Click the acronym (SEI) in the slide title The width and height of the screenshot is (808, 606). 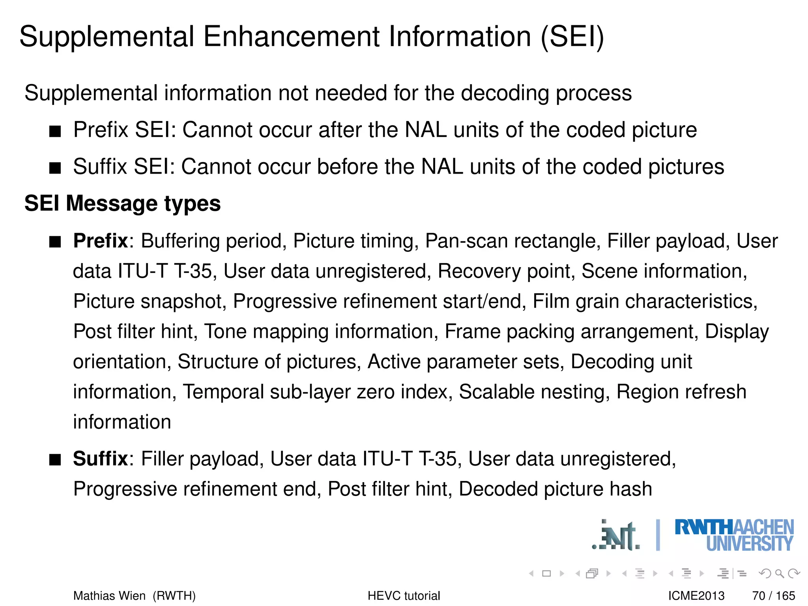[572, 37]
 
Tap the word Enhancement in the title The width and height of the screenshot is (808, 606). [292, 37]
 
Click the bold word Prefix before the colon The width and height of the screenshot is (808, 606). [101, 241]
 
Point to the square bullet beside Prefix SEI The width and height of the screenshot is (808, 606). [55, 131]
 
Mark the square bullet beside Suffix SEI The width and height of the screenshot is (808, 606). [55, 168]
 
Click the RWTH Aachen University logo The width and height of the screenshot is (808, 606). [734, 535]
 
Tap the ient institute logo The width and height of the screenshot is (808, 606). [616, 536]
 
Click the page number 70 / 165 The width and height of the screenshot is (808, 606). [773, 596]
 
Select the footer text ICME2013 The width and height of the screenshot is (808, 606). [696, 596]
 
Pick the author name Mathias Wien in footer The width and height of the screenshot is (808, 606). [109, 596]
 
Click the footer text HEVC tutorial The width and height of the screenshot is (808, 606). [404, 596]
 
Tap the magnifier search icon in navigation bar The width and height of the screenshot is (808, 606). [779, 573]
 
